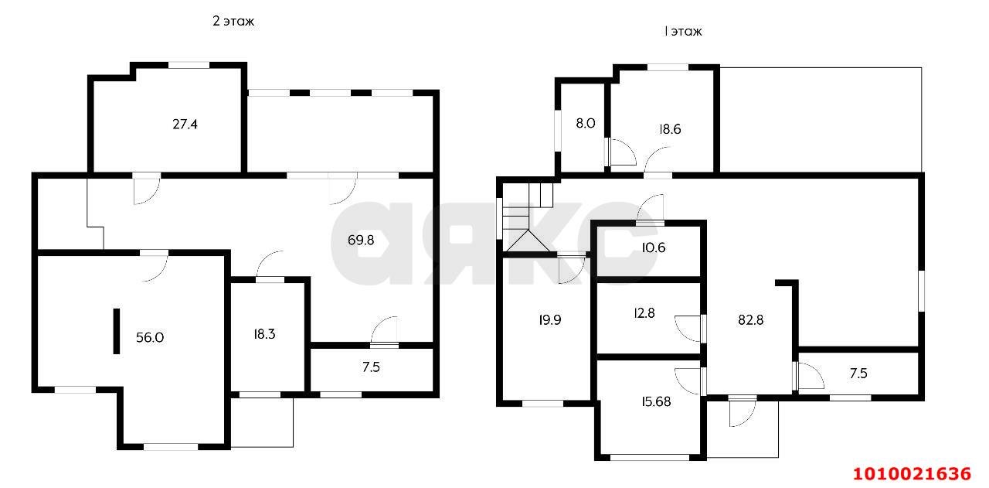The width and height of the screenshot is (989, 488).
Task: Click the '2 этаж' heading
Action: [x=233, y=21]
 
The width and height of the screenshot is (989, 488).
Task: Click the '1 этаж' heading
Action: [x=682, y=32]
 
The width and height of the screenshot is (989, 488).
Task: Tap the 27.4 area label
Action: [x=185, y=125]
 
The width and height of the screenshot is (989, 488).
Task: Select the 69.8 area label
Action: [x=361, y=240]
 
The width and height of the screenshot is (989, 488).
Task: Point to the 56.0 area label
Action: [x=150, y=338]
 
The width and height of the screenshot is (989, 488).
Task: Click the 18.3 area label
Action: [x=264, y=334]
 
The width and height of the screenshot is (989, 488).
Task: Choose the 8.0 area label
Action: [x=586, y=123]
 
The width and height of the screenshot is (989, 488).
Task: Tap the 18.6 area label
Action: [x=670, y=129]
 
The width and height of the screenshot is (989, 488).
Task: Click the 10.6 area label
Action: [x=654, y=247]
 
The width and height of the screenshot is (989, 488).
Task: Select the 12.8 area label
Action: [x=644, y=313]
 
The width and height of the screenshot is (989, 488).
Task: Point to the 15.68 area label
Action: [x=656, y=401]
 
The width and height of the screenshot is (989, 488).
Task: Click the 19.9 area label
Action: [x=549, y=320]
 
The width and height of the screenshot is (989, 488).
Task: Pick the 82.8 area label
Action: [x=750, y=320]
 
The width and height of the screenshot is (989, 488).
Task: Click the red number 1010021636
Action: [x=912, y=474]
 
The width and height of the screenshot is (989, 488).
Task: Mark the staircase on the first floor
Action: [x=528, y=217]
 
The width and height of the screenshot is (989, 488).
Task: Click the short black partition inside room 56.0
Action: [x=117, y=331]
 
